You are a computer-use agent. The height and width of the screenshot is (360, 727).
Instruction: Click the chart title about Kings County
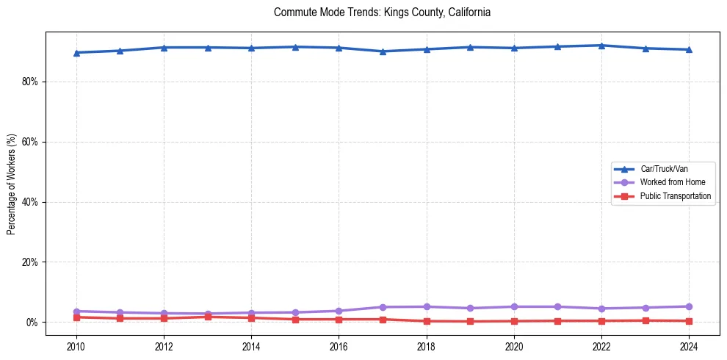(x=382, y=12)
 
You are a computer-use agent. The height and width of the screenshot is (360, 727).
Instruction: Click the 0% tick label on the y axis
(x=32, y=323)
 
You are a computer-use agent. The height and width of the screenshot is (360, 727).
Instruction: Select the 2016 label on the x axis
(x=339, y=345)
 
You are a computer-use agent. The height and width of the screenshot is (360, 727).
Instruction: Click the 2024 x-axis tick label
(x=689, y=345)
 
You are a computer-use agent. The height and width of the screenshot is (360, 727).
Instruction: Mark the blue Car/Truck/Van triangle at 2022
(x=601, y=46)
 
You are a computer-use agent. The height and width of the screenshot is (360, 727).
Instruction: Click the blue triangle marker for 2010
(x=76, y=52)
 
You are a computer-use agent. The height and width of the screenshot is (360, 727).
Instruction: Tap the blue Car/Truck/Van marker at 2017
(x=383, y=51)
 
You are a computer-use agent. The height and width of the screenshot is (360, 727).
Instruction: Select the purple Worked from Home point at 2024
(x=689, y=306)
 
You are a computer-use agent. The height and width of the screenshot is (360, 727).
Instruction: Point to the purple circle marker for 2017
(x=383, y=307)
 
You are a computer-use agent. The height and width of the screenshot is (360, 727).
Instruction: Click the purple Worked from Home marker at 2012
(x=164, y=314)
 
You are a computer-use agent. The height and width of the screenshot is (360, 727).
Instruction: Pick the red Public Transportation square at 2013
(x=208, y=317)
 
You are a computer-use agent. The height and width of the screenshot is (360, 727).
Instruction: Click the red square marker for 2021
(x=557, y=321)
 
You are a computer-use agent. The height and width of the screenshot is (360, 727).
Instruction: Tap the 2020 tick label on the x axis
(x=514, y=345)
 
